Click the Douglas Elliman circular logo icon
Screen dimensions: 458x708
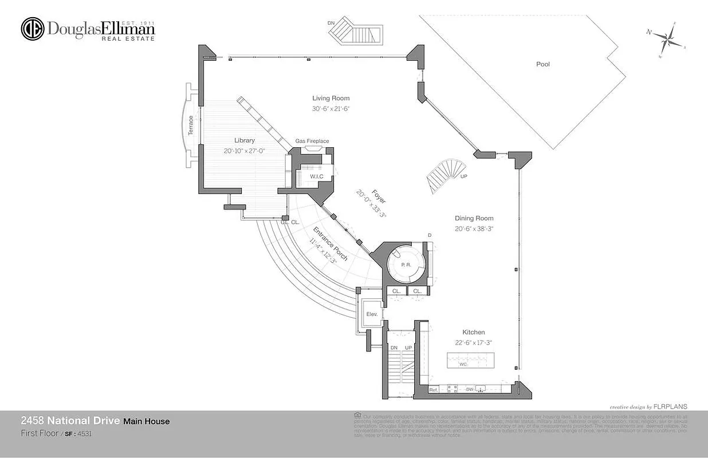pyautogui.click(x=33, y=29)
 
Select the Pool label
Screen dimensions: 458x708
pyautogui.click(x=542, y=64)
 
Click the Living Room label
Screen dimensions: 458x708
pyautogui.click(x=331, y=98)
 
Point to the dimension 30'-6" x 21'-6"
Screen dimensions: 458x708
pyautogui.click(x=331, y=108)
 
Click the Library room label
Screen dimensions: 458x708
pyautogui.click(x=244, y=140)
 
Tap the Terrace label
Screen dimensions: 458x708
pyautogui.click(x=191, y=125)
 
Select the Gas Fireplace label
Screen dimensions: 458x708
pyautogui.click(x=312, y=141)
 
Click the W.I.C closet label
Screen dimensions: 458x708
pyautogui.click(x=317, y=176)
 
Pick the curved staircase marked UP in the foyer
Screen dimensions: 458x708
pyautogui.click(x=444, y=176)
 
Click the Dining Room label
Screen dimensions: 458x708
pyautogui.click(x=474, y=218)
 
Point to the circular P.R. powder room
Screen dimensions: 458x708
pyautogui.click(x=406, y=264)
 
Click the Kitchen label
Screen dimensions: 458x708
pyautogui.click(x=474, y=332)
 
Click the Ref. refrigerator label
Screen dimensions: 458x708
pyautogui.click(x=434, y=390)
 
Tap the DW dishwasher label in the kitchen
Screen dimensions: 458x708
pyautogui.click(x=469, y=390)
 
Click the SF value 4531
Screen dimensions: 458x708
pyautogui.click(x=85, y=434)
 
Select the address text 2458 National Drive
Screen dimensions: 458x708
pyautogui.click(x=70, y=421)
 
